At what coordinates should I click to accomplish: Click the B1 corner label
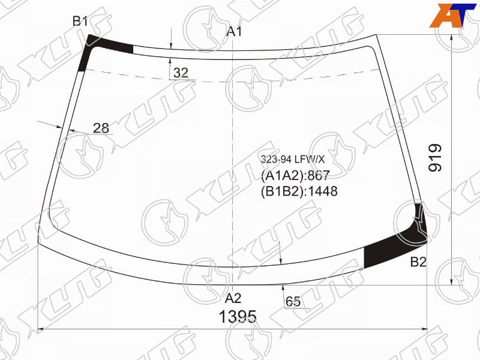point(80,22)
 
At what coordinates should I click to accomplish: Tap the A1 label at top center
point(234,31)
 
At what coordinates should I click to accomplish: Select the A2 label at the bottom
point(233,298)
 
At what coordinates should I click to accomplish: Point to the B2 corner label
point(418,262)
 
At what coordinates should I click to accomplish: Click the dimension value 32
point(181,73)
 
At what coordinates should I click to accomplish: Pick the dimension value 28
point(101,128)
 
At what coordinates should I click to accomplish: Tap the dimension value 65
point(293,302)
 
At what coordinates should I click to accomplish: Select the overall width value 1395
point(238,317)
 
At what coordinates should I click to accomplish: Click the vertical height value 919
point(435,158)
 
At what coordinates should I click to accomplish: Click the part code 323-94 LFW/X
point(292,159)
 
